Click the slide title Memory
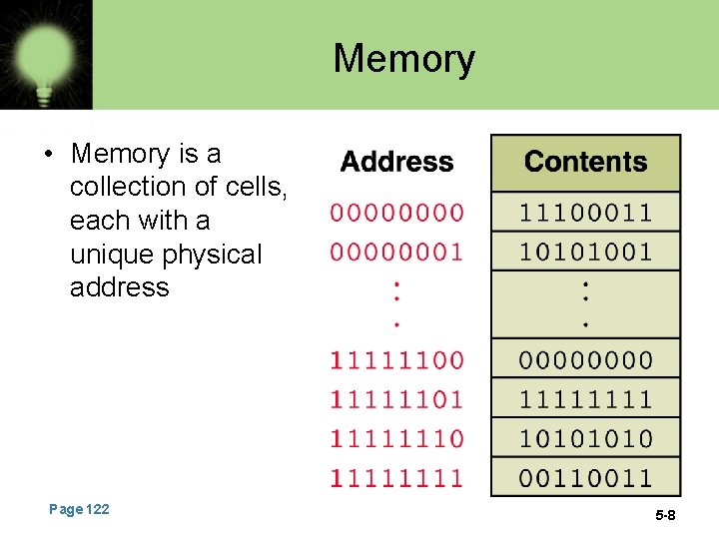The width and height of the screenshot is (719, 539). coord(403,59)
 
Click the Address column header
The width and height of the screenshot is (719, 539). coord(396,162)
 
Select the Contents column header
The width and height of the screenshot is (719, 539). coord(585,162)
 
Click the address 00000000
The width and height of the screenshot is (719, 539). coord(397,213)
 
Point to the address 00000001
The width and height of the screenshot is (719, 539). coord(397,252)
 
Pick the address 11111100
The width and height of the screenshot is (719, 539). coord(397,359)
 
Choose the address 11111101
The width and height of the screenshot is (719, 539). coord(397,399)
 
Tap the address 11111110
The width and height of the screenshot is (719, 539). coord(397,438)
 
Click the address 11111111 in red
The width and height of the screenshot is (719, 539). coord(397,477)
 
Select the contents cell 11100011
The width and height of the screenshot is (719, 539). coord(585,213)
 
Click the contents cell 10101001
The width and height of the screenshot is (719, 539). coord(585,252)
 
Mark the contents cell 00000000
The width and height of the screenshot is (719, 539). coord(585,359)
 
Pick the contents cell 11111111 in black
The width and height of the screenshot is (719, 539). coord(585,399)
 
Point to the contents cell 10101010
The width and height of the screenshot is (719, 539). coord(585,438)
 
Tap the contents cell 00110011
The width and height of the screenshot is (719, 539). coord(585,477)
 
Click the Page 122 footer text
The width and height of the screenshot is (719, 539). coord(79,510)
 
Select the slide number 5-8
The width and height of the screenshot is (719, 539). coord(665,515)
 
